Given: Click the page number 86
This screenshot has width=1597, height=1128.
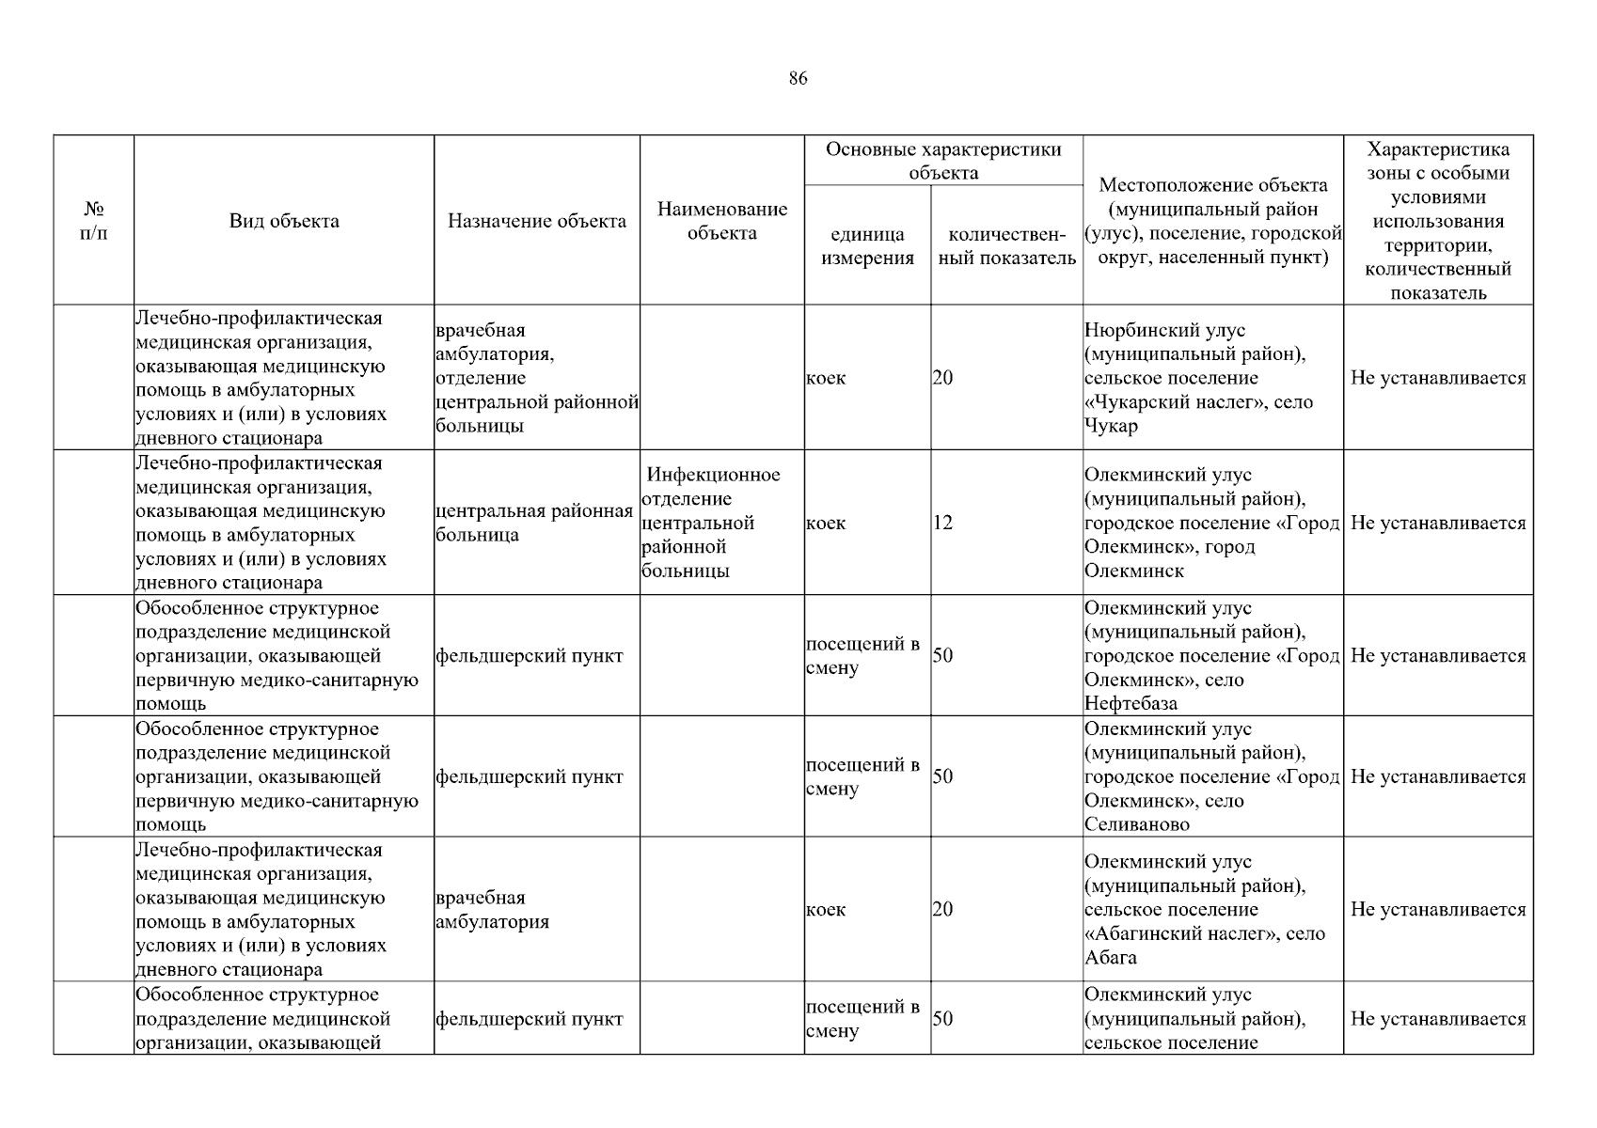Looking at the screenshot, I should click(798, 78).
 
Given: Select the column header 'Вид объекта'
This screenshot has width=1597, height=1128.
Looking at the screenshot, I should click(284, 221).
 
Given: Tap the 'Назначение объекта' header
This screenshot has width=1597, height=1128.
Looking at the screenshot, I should click(536, 221).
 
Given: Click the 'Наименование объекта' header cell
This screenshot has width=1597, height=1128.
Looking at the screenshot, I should click(721, 221).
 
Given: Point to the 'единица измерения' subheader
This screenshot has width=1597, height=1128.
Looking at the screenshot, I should click(867, 246).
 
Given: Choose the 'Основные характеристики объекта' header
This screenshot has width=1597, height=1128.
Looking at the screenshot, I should click(943, 161).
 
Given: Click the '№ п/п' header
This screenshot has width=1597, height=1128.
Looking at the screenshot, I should click(93, 221).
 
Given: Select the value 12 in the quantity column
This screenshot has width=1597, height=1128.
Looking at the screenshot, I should click(942, 523).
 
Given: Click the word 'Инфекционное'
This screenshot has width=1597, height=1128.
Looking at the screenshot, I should click(713, 475).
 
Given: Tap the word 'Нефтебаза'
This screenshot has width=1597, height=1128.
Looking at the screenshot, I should click(1131, 703).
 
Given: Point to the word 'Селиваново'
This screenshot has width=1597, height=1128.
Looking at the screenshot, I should click(1136, 824).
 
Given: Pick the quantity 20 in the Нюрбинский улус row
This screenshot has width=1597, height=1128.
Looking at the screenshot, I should click(942, 378).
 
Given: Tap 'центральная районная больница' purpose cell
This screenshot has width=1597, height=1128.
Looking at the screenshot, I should click(533, 524).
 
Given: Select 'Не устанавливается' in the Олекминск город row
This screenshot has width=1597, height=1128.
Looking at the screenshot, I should click(1438, 523).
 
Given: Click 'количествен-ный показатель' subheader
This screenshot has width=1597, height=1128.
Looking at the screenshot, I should click(1006, 246).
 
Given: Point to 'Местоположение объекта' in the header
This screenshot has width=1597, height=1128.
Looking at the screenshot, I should click(1213, 185).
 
